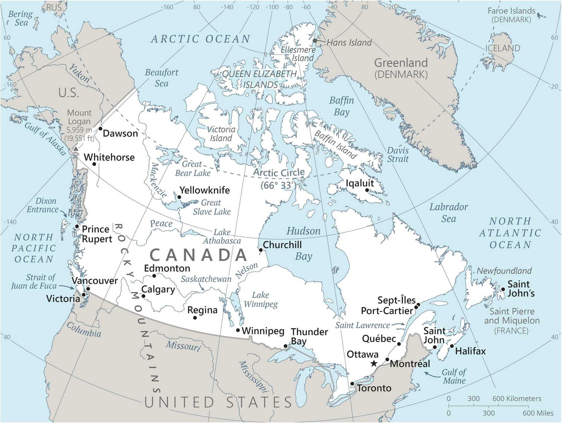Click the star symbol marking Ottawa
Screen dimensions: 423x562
click(374, 364)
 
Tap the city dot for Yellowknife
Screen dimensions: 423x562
click(179, 197)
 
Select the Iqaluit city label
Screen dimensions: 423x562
click(360, 183)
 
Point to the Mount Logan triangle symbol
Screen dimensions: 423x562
click(76, 149)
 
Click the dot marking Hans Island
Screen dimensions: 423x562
click(315, 41)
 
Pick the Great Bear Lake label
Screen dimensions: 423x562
click(193, 169)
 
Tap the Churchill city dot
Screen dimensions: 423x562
click(261, 250)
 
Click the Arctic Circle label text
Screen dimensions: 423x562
click(279, 172)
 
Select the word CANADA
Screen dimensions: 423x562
click(199, 254)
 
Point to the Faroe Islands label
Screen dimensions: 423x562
click(511, 15)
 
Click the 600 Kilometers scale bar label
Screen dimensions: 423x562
click(517, 399)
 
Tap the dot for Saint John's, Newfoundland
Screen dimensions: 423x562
click(503, 289)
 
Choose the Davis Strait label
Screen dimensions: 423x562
click(397, 155)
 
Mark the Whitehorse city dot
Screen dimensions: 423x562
click(94, 164)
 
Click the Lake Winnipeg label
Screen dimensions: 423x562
click(261, 299)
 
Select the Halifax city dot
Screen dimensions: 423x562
click(452, 346)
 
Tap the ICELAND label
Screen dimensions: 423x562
click(503, 48)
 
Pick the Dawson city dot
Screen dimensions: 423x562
click(100, 129)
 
